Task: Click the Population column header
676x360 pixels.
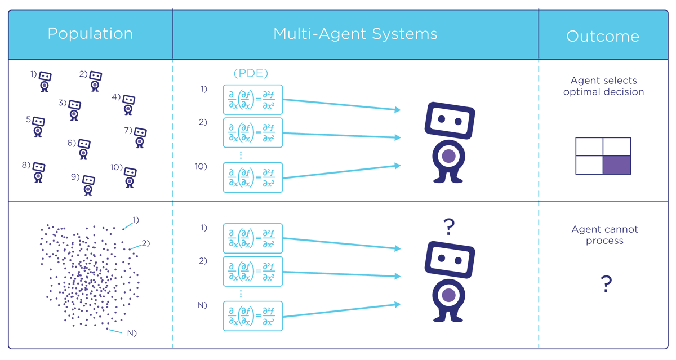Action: (90, 34)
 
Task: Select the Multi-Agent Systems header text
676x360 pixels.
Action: (355, 34)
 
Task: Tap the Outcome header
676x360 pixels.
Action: (602, 37)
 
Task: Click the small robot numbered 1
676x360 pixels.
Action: (45, 81)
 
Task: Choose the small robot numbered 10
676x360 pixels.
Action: (130, 176)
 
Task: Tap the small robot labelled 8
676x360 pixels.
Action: (38, 172)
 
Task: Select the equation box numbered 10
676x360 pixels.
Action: (252, 177)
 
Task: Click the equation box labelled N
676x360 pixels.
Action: (252, 316)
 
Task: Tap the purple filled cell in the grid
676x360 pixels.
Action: (617, 165)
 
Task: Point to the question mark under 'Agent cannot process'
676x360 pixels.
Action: (606, 285)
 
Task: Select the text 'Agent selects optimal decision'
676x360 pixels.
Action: (603, 86)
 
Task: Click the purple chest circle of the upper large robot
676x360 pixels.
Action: (449, 157)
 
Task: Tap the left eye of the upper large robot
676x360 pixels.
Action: (442, 119)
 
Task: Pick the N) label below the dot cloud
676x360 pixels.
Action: (132, 333)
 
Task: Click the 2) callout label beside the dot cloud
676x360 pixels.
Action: (145, 243)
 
